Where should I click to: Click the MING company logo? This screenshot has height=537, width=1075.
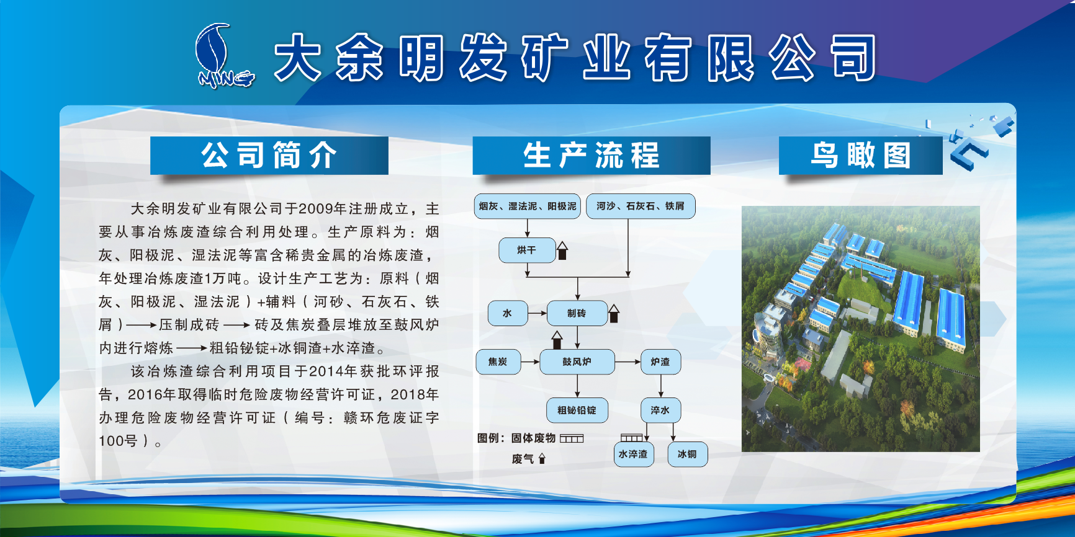point(224,56)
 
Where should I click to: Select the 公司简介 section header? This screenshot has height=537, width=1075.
point(269,155)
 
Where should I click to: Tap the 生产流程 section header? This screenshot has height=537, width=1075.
point(591,155)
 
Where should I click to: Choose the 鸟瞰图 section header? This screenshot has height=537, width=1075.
point(861,155)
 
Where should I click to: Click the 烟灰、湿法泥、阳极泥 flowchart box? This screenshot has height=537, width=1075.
point(528,206)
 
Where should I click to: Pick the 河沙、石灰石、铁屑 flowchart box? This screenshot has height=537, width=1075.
point(641,206)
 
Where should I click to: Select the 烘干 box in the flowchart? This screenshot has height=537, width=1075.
point(527,250)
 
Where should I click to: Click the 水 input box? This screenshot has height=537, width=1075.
point(508,313)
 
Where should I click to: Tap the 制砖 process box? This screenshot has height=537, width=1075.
point(577,313)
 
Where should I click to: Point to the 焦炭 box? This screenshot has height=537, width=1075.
point(498,362)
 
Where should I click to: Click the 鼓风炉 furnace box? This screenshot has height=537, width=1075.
point(577,362)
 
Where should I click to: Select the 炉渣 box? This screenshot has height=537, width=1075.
point(660,362)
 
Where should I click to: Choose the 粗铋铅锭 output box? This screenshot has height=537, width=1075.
point(577,410)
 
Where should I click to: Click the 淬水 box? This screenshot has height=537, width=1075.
point(660,410)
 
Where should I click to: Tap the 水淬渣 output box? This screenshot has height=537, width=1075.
point(633,454)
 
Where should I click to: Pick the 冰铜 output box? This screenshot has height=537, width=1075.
point(687,454)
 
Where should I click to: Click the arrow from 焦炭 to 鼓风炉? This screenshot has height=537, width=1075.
point(530,362)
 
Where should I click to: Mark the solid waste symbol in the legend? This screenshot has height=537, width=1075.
point(572,438)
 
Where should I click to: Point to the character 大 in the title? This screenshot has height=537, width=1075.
point(299,58)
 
